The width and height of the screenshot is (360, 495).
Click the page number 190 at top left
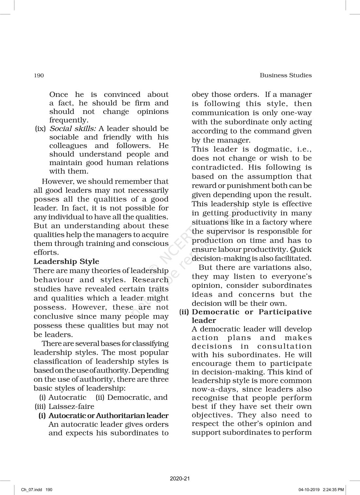coord(39,76)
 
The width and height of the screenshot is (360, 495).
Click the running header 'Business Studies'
coord(285,75)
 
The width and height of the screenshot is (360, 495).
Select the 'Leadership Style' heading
coord(66,262)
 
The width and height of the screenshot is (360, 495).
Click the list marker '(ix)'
coord(40,129)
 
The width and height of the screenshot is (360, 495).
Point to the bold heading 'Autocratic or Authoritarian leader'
coord(108,416)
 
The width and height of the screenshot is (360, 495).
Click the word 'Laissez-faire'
coord(71,407)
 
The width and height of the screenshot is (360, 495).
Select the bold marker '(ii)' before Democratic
coord(184,312)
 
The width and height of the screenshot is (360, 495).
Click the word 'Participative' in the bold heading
coord(285,312)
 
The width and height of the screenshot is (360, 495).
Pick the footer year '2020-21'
coord(180,479)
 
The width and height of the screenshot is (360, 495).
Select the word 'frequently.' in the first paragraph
coord(69,120)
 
